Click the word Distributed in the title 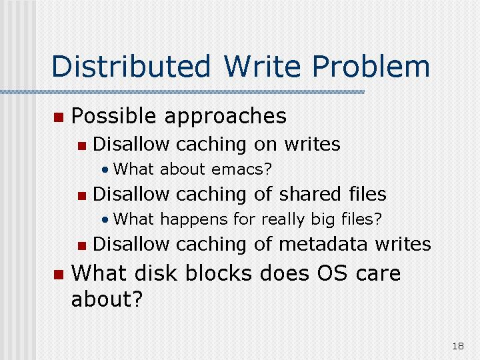131,66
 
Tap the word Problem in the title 371,66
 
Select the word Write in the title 262,66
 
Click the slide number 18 458,346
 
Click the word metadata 323,244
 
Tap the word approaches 225,117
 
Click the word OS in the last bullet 332,273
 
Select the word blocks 219,273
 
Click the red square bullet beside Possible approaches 59,117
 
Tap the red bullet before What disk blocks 59,275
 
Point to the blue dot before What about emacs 105,169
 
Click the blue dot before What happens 105,219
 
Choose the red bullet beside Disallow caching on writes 82,146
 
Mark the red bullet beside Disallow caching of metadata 82,246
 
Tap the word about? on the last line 107,299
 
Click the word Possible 113,116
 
